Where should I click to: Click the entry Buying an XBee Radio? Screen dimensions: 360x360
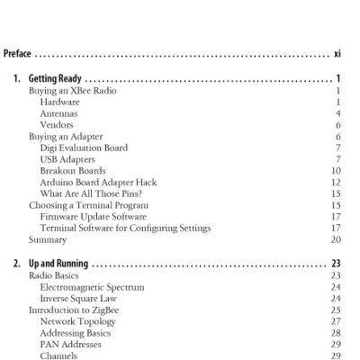coord(72,91)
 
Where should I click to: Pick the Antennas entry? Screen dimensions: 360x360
coord(60,113)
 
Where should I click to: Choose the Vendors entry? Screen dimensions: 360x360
coord(59,125)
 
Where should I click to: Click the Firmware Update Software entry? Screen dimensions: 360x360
coord(102,217)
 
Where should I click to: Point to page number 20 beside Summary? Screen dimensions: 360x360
coord(335,240)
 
